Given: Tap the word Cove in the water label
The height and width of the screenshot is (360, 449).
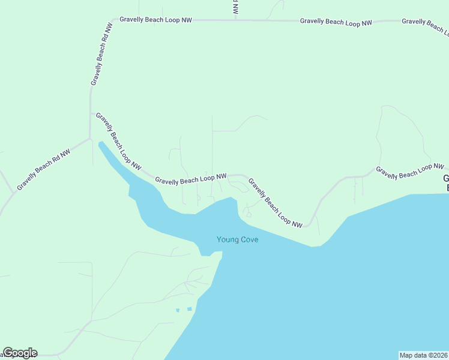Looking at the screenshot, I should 250,240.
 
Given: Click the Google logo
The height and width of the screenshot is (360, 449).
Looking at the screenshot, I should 20,353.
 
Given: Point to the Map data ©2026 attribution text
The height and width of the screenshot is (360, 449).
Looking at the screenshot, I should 423,355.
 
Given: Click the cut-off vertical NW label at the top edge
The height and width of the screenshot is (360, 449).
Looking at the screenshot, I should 235,7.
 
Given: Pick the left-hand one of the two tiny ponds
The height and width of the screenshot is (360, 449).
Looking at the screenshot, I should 178,310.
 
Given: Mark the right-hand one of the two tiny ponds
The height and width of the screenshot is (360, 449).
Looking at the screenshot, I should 190,309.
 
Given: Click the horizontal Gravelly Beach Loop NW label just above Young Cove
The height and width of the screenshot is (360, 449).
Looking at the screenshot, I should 190,179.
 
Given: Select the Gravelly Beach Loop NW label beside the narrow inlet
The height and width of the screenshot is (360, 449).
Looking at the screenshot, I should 119,140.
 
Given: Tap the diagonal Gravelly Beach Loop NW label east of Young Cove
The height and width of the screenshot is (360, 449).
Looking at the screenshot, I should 276,203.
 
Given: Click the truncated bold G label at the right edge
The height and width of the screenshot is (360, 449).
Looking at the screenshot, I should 445,183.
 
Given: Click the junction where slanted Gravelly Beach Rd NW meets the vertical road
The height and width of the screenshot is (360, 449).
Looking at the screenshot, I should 90,139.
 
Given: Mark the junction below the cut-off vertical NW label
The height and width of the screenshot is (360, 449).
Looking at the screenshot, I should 235,20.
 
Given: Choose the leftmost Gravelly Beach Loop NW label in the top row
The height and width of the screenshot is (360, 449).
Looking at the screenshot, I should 155,20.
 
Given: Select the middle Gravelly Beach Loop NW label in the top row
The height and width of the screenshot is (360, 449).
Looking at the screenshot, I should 336,22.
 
